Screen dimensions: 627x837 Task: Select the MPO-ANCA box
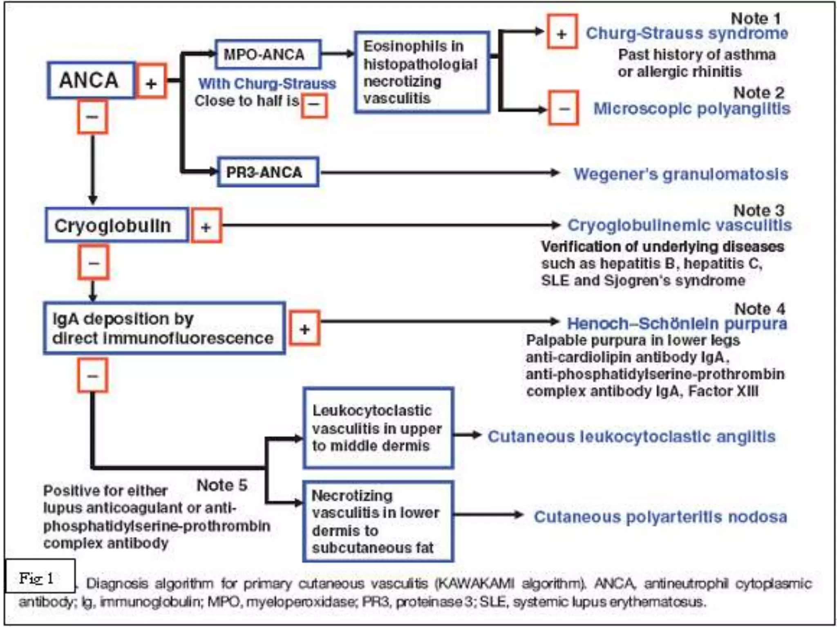tap(268, 54)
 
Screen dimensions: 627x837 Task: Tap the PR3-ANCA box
tap(268, 172)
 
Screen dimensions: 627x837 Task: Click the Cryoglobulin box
tap(117, 225)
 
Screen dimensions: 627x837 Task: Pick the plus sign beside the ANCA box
tap(151, 81)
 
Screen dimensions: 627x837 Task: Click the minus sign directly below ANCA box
tap(92, 117)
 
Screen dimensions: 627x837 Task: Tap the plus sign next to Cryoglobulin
tap(206, 226)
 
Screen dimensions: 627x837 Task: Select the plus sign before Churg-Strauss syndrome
tap(562, 32)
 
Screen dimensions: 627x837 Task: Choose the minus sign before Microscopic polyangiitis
tap(564, 108)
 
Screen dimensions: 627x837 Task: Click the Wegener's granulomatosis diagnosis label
tap(680, 174)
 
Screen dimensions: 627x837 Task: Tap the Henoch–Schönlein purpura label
tap(677, 324)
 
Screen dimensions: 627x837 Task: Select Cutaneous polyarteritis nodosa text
tap(660, 517)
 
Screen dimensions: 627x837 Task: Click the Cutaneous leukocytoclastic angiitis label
tap(631, 436)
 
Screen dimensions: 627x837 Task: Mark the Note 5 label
tap(222, 485)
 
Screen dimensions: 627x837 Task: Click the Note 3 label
tap(759, 210)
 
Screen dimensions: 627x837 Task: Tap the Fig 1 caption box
tap(40, 577)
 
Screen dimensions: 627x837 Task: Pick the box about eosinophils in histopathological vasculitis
tap(422, 72)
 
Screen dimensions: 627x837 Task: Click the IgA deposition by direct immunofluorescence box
tap(164, 328)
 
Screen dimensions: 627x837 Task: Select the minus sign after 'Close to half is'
tap(314, 105)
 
